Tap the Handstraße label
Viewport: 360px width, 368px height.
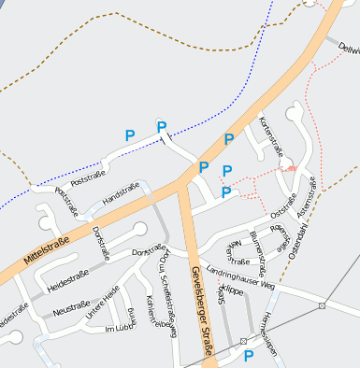click(122, 198)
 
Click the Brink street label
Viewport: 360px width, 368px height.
click(132, 318)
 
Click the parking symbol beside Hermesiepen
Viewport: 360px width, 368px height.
click(249, 356)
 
